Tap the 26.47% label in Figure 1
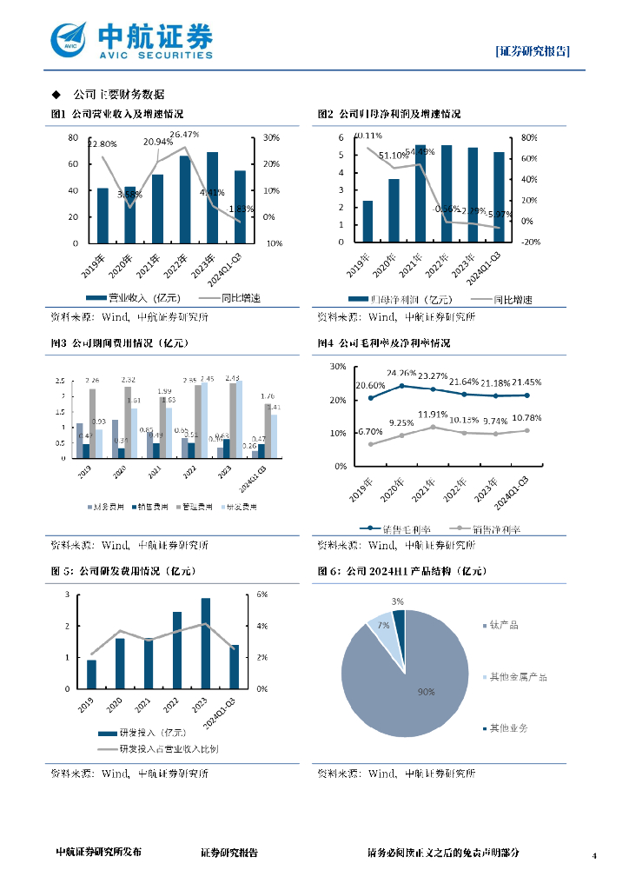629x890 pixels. pos(185,135)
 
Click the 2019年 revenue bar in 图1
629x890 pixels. pos(103,215)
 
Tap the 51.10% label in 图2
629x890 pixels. pos(394,156)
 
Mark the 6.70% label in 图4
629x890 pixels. pos(371,432)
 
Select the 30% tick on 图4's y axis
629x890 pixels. pos(338,367)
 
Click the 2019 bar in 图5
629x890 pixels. pos(91,674)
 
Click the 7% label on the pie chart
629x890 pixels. pos(383,625)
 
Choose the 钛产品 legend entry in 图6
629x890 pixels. pos(504,625)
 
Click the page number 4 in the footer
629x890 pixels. pos(594,856)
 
